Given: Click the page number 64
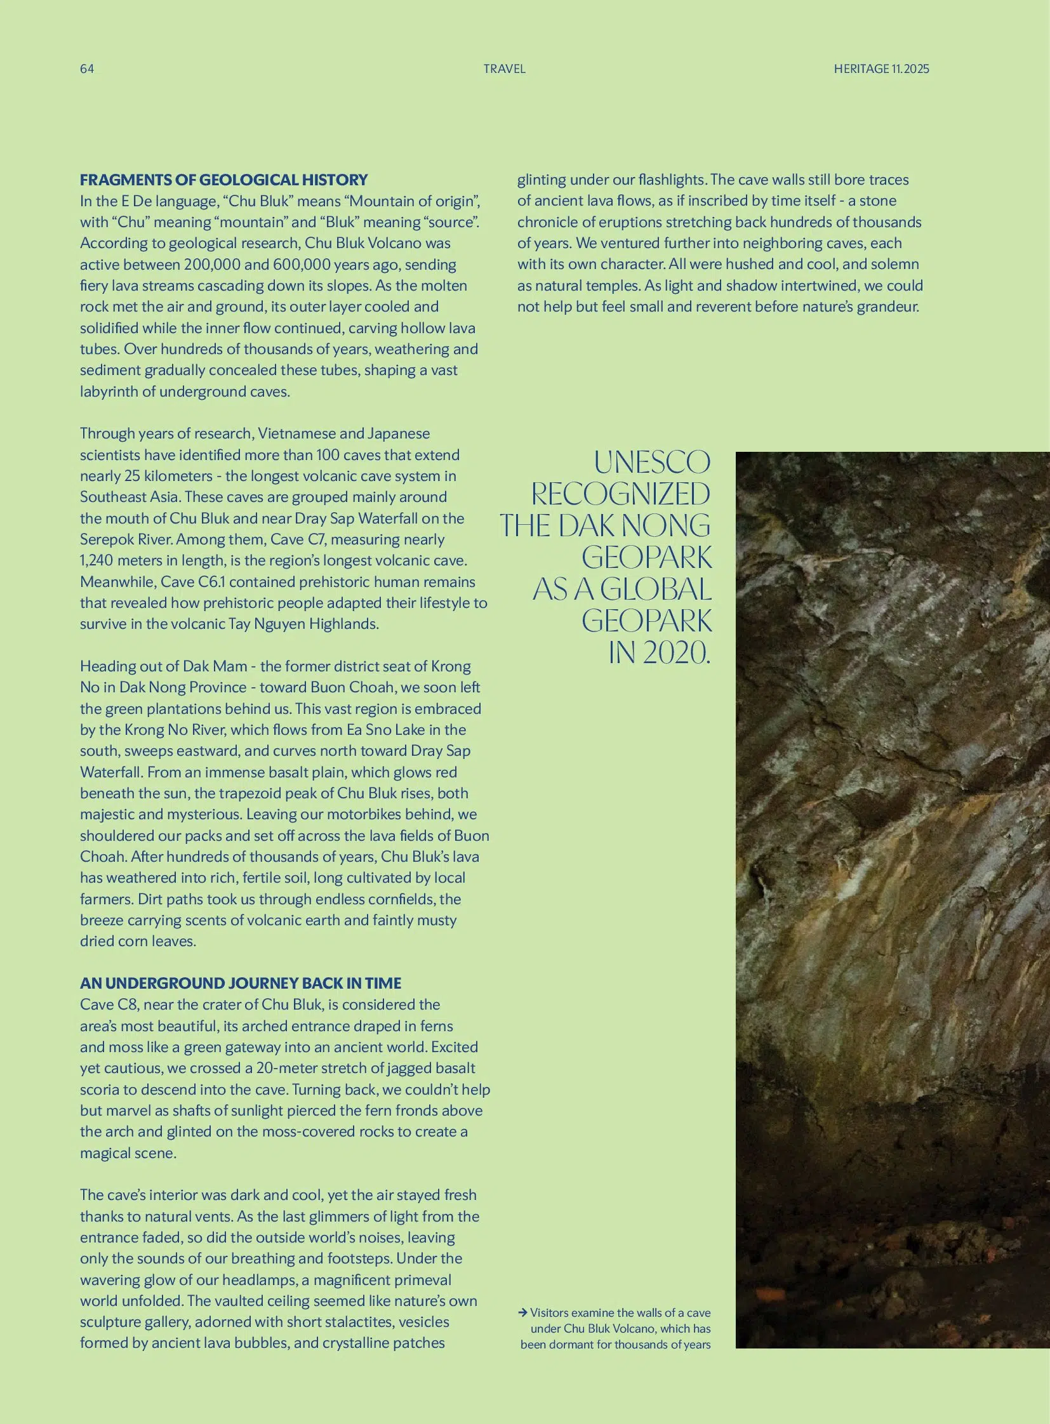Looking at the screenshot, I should [x=87, y=69].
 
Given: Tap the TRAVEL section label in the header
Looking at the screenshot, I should [x=504, y=69].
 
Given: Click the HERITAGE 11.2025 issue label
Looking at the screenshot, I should [x=881, y=69].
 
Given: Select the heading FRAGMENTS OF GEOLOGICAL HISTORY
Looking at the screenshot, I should [x=223, y=180].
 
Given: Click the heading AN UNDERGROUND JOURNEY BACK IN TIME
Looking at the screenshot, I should [x=240, y=983].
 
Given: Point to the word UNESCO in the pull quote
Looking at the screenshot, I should [x=652, y=462].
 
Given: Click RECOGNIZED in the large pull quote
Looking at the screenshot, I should [x=620, y=494].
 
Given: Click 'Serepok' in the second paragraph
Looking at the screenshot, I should [x=102, y=539].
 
